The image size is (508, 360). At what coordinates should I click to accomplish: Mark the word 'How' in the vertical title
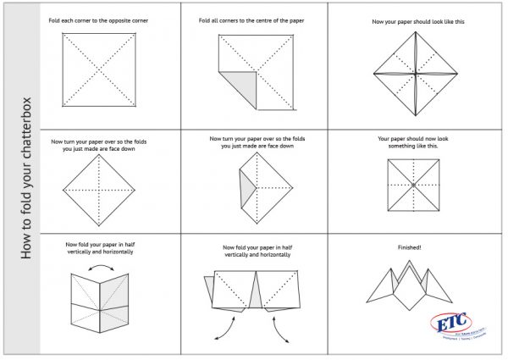point(28,245)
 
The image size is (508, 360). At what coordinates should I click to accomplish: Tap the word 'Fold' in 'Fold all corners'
point(207,19)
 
